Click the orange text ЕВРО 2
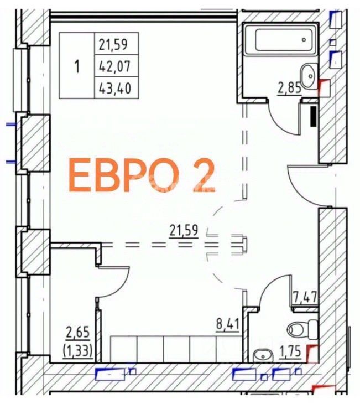click(x=142, y=175)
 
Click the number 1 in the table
click(x=77, y=66)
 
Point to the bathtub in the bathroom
click(x=280, y=39)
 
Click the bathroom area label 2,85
click(x=289, y=89)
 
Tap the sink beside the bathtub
click(x=309, y=76)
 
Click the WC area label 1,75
click(x=290, y=351)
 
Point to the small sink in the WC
click(x=262, y=356)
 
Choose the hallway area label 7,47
click(x=305, y=298)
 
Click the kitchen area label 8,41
click(x=228, y=324)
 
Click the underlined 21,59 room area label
click(x=184, y=230)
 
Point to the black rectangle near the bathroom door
click(x=313, y=116)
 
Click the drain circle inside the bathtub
click(x=304, y=40)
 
